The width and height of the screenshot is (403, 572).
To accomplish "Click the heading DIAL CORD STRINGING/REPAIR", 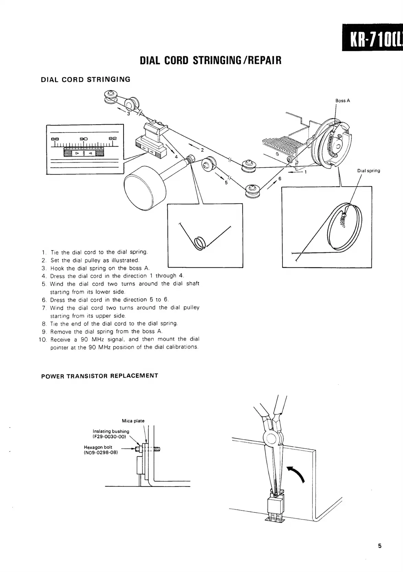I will click(211, 60).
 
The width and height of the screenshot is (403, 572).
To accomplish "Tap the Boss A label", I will click(343, 101).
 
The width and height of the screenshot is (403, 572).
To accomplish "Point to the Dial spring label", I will click(368, 171).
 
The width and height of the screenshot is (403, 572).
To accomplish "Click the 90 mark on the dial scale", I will click(84, 139).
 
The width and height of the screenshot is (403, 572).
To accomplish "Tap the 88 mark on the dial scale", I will click(55, 139).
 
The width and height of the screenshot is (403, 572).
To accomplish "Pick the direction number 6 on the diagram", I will click(280, 178).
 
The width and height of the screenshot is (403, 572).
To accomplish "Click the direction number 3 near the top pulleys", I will click(128, 114).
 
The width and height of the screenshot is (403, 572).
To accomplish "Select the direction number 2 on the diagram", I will click(202, 150).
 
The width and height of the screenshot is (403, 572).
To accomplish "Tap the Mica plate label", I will click(133, 421).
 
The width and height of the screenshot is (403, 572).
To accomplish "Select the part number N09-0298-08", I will click(101, 453).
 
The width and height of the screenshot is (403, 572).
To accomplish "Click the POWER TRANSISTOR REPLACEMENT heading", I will click(100, 376).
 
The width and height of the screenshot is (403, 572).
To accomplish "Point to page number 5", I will click(380, 546).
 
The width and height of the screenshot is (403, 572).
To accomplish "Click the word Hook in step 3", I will click(57, 268).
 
